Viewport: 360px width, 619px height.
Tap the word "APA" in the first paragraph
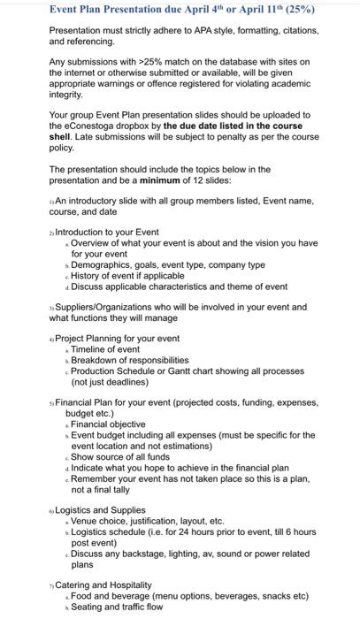point(203,30)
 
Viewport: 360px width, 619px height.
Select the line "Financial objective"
point(111,424)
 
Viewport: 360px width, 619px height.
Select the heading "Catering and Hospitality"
point(103,585)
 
